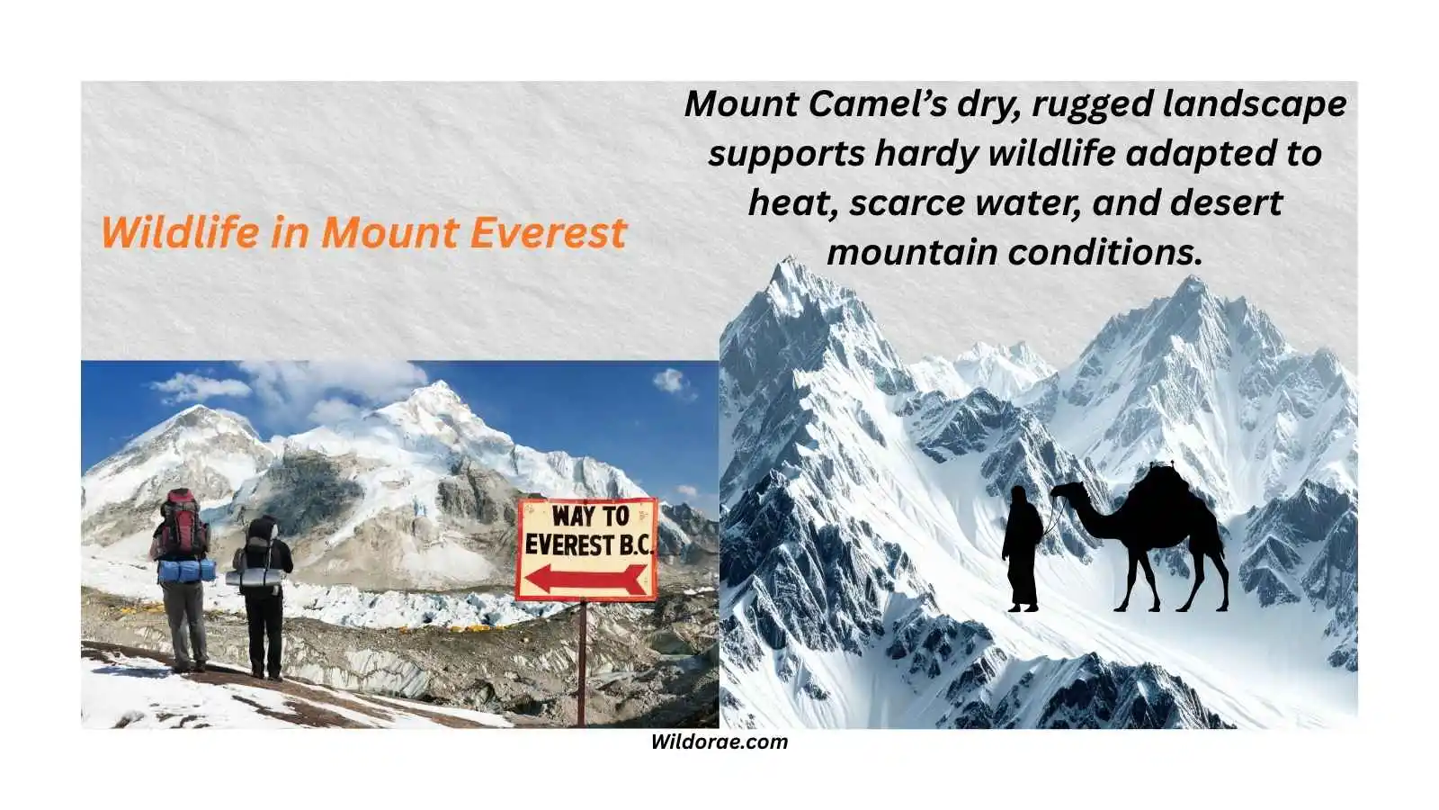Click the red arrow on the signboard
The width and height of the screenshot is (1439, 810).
point(585,578)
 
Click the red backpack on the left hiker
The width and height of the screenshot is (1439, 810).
point(183,525)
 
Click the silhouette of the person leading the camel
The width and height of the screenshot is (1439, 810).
point(1023,549)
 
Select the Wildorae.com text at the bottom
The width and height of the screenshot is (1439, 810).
point(719,742)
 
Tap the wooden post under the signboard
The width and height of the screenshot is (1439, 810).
point(582,661)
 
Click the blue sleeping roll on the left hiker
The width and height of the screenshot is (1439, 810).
point(186,571)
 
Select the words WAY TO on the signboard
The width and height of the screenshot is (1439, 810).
point(590,517)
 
